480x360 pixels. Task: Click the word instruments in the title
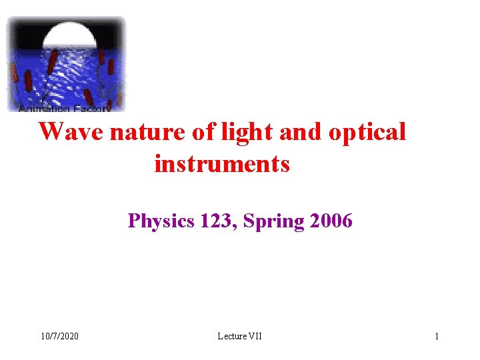pos(222,163)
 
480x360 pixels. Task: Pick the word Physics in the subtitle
pos(161,221)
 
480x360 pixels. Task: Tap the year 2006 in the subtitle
pos(331,221)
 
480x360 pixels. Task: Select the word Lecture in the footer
pos(231,336)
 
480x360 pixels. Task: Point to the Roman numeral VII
pos(255,336)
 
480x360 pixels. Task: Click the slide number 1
pos(437,336)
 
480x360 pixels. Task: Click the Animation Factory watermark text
pos(65,107)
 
